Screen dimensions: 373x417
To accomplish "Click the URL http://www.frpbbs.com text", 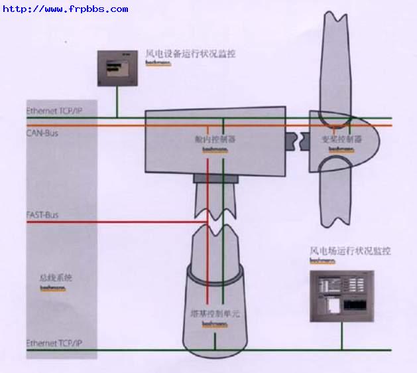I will coord(66,9).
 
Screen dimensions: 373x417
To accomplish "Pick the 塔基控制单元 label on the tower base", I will coord(215,313).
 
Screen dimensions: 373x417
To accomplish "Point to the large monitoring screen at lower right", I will coord(342,296).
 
